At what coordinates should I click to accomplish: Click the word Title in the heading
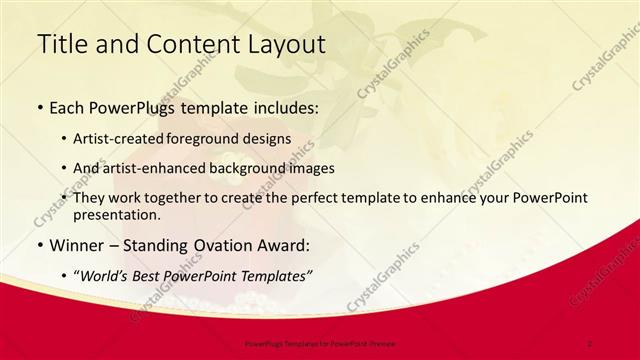click(61, 44)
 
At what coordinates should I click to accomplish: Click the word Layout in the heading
click(280, 44)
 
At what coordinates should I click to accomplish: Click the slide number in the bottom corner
click(590, 343)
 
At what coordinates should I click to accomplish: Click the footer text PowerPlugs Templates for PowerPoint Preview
click(318, 343)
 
